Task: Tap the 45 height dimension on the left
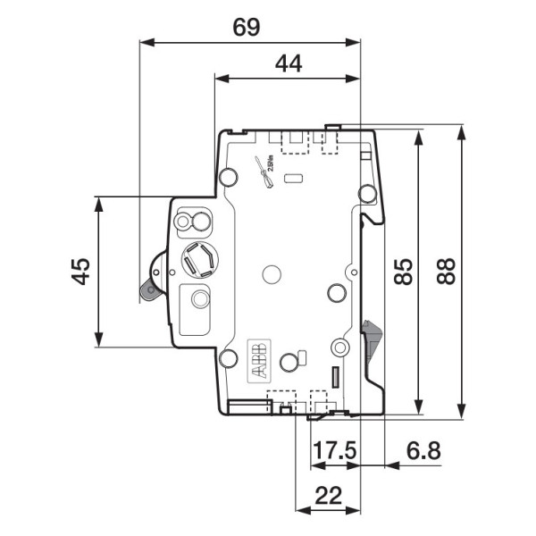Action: (81, 271)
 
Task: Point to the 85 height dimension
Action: (404, 271)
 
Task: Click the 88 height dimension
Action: (446, 271)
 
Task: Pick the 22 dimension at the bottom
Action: (328, 494)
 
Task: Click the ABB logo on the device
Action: (257, 363)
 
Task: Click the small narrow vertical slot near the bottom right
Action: (336, 377)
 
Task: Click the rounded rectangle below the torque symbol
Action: (292, 179)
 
